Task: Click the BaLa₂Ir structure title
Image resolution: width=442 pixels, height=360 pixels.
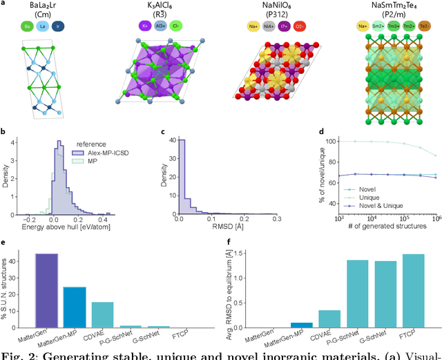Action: tap(46, 6)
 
